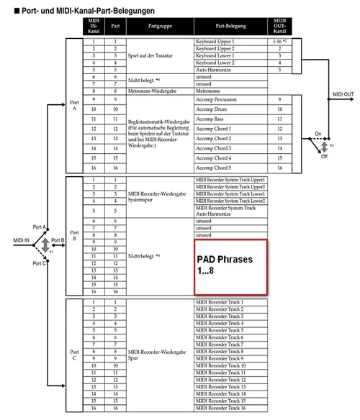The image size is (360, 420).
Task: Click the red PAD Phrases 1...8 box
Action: (230, 265)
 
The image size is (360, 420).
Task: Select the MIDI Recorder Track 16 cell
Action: (230, 408)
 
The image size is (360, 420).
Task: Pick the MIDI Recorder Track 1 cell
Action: (230, 302)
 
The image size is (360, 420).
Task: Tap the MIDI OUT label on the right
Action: (341, 93)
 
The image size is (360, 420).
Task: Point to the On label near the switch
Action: (317, 134)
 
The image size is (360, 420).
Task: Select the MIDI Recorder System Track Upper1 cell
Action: (230, 178)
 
